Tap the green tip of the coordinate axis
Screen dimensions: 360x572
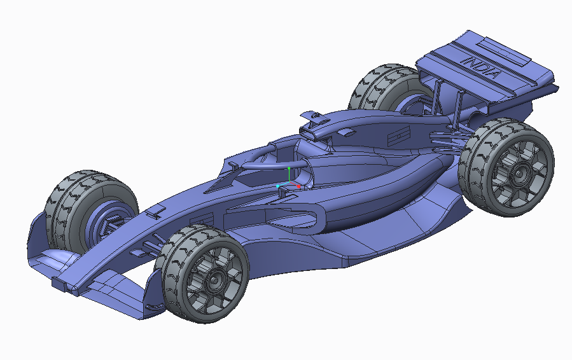[x=289, y=169]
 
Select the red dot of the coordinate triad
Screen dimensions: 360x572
[x=299, y=187]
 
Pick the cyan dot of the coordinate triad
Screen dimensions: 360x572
[x=278, y=186]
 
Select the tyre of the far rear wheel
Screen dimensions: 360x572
[x=375, y=86]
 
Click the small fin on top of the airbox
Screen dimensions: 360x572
[x=312, y=116]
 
